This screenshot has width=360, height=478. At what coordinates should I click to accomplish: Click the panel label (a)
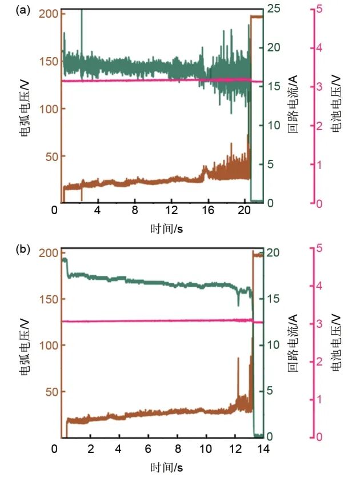click(x=23, y=10)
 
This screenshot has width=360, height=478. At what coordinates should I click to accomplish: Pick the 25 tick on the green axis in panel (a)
click(x=273, y=9)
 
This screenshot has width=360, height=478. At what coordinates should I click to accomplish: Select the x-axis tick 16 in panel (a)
click(x=208, y=211)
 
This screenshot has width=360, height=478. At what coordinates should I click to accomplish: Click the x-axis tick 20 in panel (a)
click(x=245, y=211)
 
